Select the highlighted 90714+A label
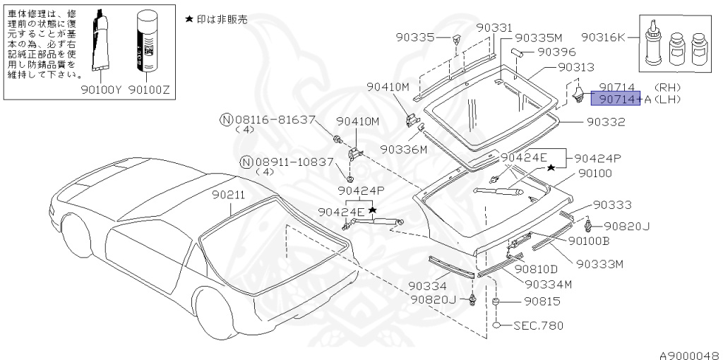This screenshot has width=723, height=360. (615, 100)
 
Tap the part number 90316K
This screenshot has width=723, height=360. (603, 37)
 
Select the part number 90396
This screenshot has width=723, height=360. (556, 52)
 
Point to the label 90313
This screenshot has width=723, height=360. (575, 67)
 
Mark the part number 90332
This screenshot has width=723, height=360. (606, 122)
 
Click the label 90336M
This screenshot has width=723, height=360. (404, 150)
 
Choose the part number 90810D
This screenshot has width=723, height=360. (536, 268)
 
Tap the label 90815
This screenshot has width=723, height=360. (542, 301)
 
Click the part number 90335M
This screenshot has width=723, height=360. (538, 37)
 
